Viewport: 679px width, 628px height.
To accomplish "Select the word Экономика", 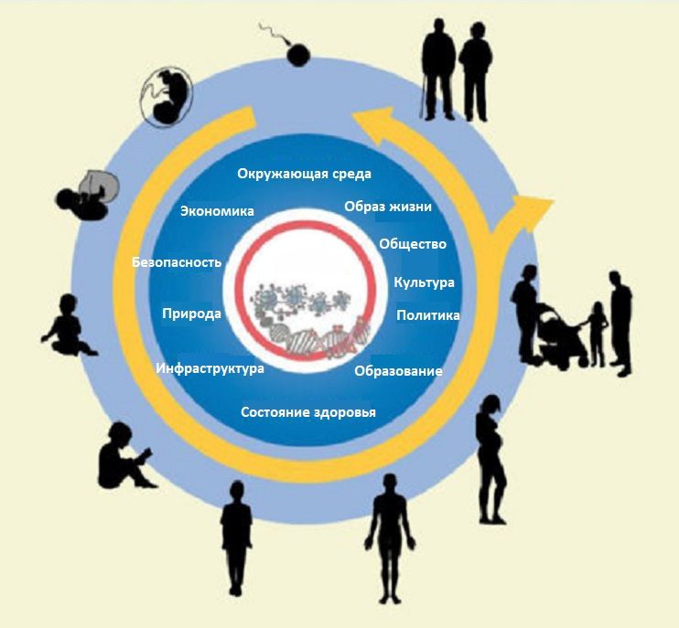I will click(x=217, y=211).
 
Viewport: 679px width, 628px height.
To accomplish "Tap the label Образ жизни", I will click(x=388, y=206).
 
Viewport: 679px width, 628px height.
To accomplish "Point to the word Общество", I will click(x=413, y=244).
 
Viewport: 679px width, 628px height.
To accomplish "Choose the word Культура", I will click(x=424, y=282).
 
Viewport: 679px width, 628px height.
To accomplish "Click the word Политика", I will click(x=427, y=315).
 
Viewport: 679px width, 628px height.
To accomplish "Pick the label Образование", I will click(x=398, y=371).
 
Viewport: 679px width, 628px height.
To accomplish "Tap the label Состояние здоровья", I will click(x=308, y=412).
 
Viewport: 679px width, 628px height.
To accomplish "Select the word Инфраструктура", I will click(x=210, y=368).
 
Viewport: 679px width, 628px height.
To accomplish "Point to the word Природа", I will click(x=191, y=314).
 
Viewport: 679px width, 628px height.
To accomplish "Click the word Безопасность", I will click(x=177, y=262).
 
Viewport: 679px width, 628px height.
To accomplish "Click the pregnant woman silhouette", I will click(x=491, y=457).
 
